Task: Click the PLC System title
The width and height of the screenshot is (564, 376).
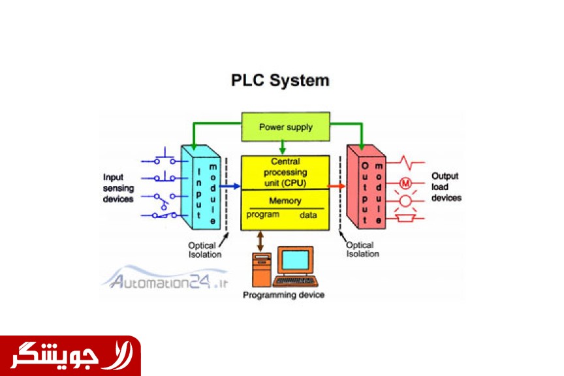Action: pos(281,81)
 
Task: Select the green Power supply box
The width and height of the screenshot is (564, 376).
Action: pos(285,127)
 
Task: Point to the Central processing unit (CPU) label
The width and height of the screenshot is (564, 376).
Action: pos(285,172)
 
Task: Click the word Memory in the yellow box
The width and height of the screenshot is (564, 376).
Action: pos(285,200)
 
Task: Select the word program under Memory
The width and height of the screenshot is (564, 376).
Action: pos(263,215)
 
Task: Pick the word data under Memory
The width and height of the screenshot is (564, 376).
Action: pos(308,215)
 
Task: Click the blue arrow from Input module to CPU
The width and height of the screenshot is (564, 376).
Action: pos(230,186)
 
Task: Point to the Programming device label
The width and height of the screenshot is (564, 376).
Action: pos(283,295)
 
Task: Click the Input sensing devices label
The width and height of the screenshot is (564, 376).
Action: pos(118,187)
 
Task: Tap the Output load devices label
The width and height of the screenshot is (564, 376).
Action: pos(446,187)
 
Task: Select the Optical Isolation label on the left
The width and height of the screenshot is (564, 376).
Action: pos(205,250)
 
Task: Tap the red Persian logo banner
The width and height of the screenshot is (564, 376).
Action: pos(70,356)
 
